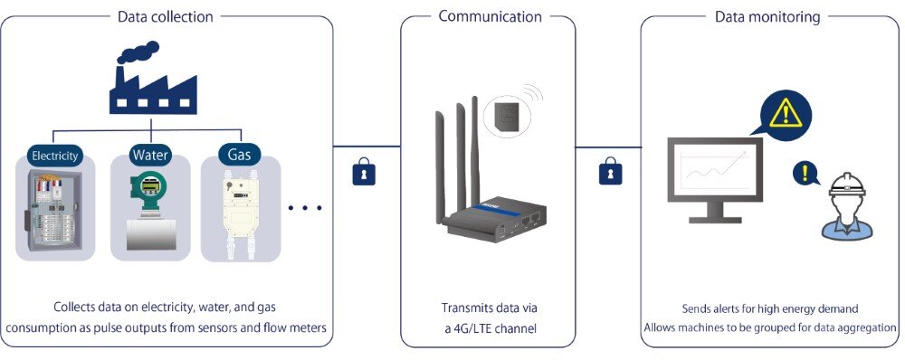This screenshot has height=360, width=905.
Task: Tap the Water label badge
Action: pyautogui.click(x=150, y=155)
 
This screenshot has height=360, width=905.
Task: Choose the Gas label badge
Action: pyautogui.click(x=238, y=155)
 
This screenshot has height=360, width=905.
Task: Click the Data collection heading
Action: pyautogui.click(x=167, y=16)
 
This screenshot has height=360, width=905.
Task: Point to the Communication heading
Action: pyautogui.click(x=490, y=16)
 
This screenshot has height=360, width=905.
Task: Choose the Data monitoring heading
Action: pyautogui.click(x=767, y=16)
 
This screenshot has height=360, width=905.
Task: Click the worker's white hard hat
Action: pyautogui.click(x=848, y=185)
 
